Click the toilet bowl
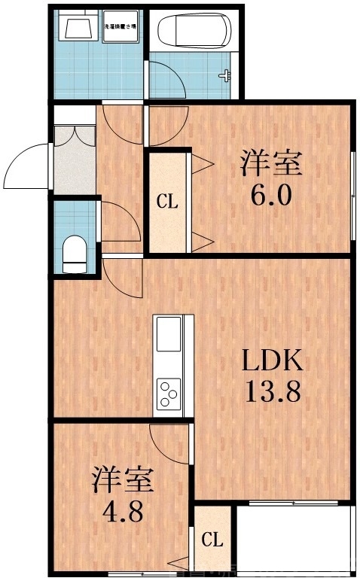tap(75, 252)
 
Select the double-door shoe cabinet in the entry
tap(74, 159)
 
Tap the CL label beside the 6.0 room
tap(166, 202)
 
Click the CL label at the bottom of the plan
tap(212, 540)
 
